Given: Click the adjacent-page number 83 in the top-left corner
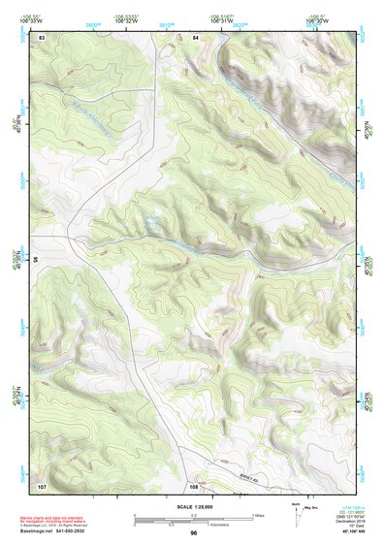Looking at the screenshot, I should [x=42, y=36].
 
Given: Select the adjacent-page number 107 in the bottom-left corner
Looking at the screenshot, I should [x=42, y=484].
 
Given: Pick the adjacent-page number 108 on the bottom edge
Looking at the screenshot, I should [x=194, y=484].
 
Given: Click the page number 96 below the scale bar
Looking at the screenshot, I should [x=194, y=533].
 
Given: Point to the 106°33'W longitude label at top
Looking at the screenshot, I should [x=34, y=20].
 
